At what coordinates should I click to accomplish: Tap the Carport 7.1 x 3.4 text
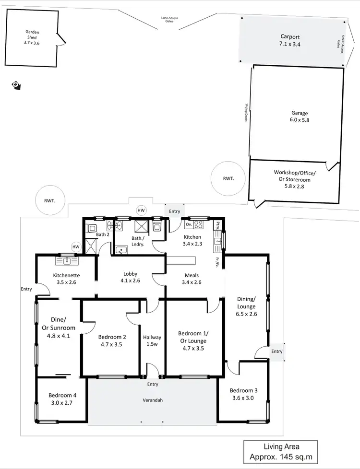[x=290, y=40]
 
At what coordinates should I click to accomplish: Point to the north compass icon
[x=16, y=85]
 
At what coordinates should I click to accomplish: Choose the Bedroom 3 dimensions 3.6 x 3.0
[x=242, y=398]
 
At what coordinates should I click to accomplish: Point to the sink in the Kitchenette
[x=67, y=261]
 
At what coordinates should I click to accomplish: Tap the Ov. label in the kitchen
[x=188, y=224]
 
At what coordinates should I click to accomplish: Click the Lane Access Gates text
[x=169, y=20]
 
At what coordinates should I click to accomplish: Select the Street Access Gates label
[x=341, y=44]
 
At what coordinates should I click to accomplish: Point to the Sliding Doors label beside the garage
[x=246, y=114]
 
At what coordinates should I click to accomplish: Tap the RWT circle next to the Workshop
[x=228, y=178]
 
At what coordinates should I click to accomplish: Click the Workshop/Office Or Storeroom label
[x=295, y=179]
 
